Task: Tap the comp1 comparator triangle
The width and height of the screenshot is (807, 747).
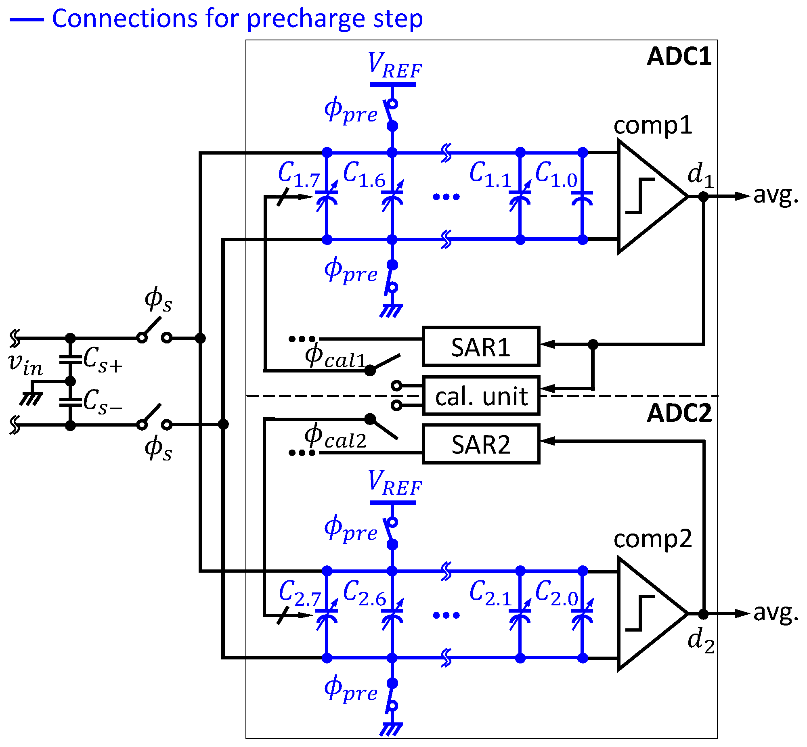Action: pyautogui.click(x=647, y=197)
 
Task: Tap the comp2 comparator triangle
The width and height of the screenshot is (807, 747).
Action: pyautogui.click(x=647, y=614)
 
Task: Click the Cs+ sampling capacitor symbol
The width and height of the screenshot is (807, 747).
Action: pyautogui.click(x=70, y=359)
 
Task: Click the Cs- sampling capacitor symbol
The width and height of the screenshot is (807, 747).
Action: pyautogui.click(x=70, y=402)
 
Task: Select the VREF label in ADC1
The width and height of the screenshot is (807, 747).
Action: pyautogui.click(x=394, y=67)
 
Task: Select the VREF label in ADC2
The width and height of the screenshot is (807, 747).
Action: pyautogui.click(x=394, y=484)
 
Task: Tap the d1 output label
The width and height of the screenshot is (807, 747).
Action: pyautogui.click(x=700, y=176)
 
